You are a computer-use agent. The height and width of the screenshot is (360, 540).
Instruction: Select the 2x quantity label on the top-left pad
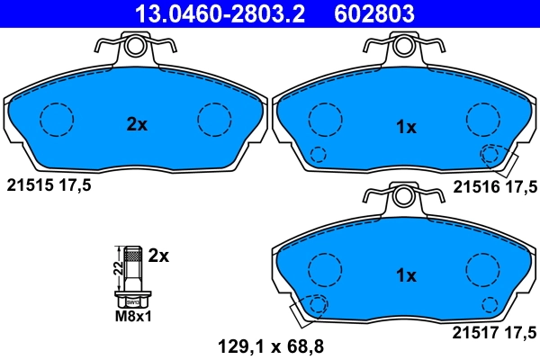[136, 125]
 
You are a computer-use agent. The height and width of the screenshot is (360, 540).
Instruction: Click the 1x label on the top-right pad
[406, 128]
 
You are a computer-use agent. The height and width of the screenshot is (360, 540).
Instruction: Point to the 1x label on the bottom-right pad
[406, 274]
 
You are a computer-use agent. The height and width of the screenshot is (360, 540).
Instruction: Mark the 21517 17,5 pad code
[493, 332]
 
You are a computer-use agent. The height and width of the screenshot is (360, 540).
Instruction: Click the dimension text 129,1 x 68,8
[270, 343]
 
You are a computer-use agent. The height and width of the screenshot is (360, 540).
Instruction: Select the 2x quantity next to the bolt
[158, 255]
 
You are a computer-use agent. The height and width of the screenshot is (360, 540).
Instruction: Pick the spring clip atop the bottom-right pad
[403, 195]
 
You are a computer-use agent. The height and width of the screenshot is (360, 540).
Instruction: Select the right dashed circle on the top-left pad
[214, 118]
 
